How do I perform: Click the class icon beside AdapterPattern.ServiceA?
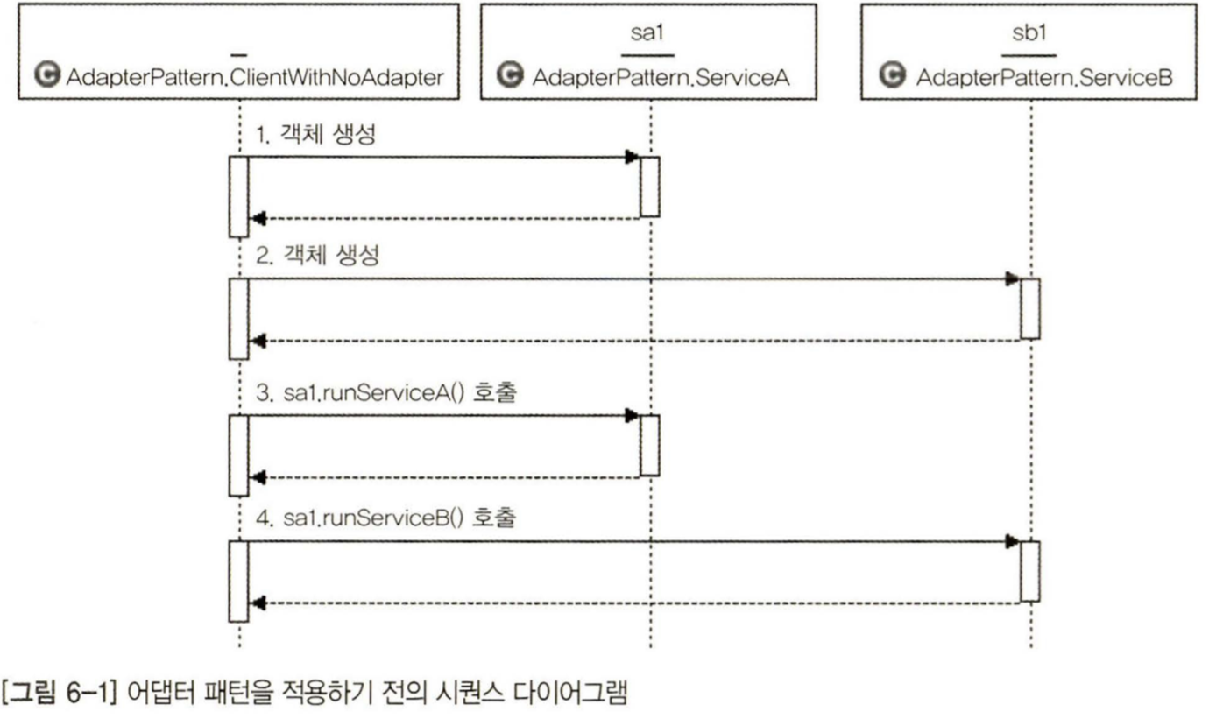pyautogui.click(x=506, y=77)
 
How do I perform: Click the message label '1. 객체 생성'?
pyautogui.click(x=316, y=137)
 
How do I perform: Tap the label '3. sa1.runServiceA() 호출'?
pyautogui.click(x=386, y=393)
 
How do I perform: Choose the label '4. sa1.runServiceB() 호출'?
pyautogui.click(x=386, y=518)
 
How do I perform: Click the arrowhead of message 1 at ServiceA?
pyautogui.click(x=632, y=158)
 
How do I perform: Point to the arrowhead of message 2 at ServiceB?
pyautogui.click(x=1012, y=279)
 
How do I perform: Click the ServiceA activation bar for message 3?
pyautogui.click(x=649, y=445)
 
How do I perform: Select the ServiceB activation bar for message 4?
pyautogui.click(x=1029, y=571)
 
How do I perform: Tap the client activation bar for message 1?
pyautogui.click(x=238, y=196)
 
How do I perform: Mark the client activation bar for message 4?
pyautogui.click(x=238, y=581)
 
